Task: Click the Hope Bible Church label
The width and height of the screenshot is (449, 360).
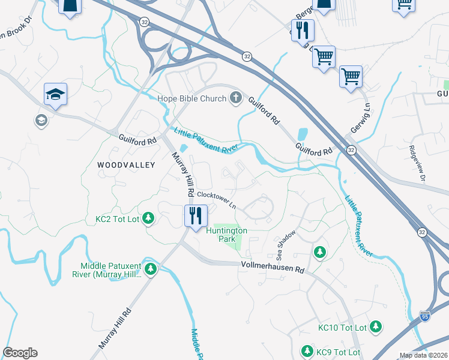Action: tap(191, 98)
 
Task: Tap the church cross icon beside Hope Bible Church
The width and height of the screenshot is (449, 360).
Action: tap(236, 98)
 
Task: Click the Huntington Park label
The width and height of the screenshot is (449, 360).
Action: tap(226, 234)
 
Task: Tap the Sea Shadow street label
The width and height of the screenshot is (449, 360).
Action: tap(286, 239)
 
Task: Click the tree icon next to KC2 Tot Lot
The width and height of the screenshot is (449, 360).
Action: tap(149, 220)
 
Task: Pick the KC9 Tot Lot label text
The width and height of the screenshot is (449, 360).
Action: tap(338, 352)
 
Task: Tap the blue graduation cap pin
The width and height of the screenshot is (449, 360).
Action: tap(55, 95)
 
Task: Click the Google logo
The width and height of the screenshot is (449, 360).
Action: tap(20, 353)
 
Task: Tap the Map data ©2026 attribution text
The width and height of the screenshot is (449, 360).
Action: tap(423, 355)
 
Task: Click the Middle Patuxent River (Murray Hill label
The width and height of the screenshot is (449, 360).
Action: tap(112, 270)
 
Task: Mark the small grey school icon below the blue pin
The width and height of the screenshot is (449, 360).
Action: tap(41, 121)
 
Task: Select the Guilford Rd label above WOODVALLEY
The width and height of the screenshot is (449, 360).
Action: tap(137, 138)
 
